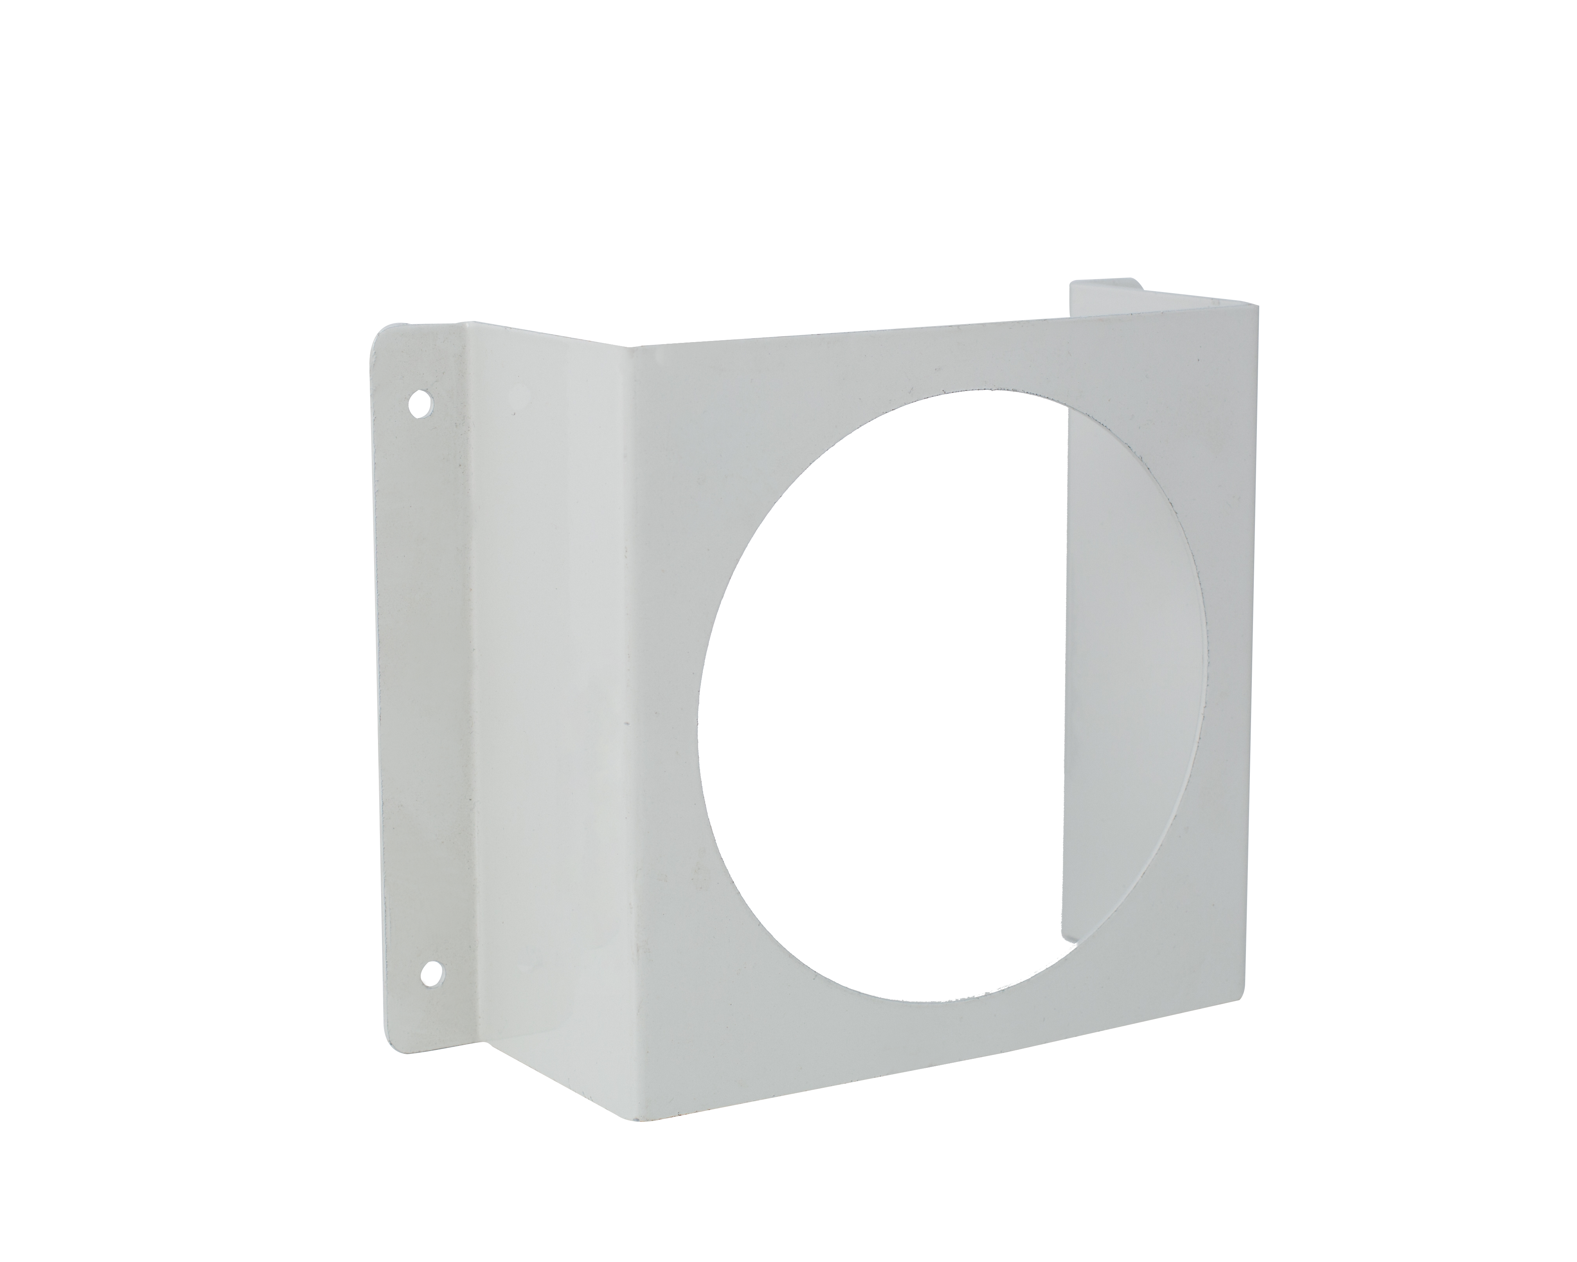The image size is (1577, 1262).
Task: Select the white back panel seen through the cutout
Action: point(1134,658)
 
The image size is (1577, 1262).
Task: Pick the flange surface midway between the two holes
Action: point(424,688)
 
